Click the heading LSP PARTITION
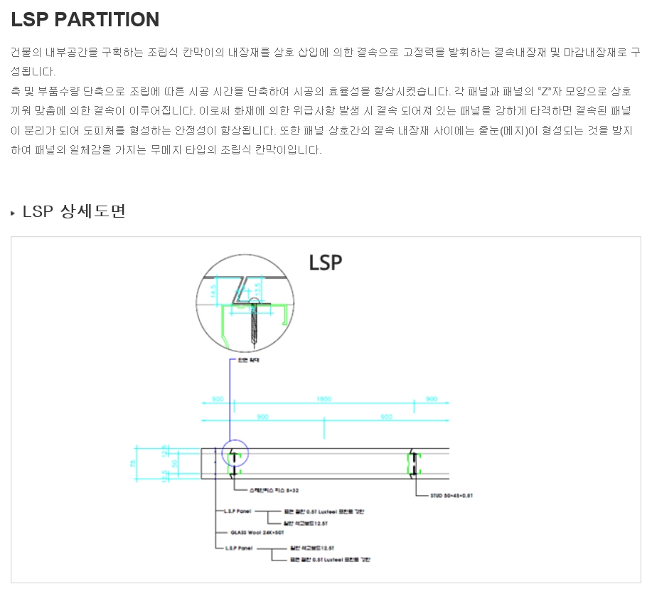pos(85,20)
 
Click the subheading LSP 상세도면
pos(74,211)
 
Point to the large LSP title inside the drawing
pos(326,262)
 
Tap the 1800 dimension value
pos(324,399)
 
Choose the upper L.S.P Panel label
pos(239,511)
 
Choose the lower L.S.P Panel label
pos(239,548)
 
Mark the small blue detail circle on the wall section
pos(235,454)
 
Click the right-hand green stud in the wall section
pos(412,463)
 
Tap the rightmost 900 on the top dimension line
pos(432,399)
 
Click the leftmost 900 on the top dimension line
pos(218,399)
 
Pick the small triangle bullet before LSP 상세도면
pos(13,213)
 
